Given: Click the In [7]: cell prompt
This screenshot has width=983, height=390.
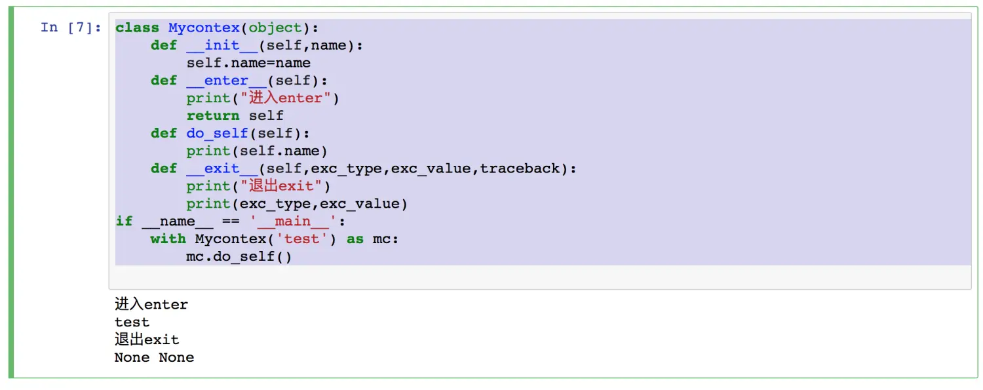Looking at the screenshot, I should tap(71, 28).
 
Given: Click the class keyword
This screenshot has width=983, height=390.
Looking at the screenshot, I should tap(137, 28).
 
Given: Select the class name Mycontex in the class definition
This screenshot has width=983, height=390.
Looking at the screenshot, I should tap(204, 28).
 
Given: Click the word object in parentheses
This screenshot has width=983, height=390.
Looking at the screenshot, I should tap(275, 28).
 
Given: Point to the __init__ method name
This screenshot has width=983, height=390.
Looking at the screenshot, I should tap(222, 45).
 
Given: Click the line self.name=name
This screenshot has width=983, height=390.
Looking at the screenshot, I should tap(248, 63).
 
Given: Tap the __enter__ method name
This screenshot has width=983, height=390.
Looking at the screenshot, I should tap(226, 81).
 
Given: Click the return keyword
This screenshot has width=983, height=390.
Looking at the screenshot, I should tap(212, 116).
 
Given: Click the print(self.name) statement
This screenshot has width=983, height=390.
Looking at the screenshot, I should tap(257, 151).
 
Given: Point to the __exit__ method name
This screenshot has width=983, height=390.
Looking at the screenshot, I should tap(222, 168).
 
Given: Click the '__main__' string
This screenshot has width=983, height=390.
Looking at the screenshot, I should tap(292, 221).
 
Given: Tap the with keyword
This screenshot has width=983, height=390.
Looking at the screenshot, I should tap(168, 239).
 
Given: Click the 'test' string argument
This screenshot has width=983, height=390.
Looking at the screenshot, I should tap(301, 239).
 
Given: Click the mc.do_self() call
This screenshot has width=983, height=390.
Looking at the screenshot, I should tap(239, 256).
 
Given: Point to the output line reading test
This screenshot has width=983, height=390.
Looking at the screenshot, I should tap(132, 322).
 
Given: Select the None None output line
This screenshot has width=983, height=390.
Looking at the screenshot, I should tap(154, 358).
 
